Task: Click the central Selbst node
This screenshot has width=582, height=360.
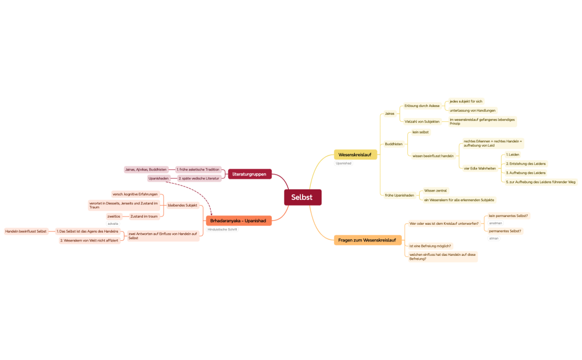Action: [302, 197]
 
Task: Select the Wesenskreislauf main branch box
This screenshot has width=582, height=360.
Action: [355, 155]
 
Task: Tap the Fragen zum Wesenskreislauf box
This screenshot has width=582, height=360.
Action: [366, 240]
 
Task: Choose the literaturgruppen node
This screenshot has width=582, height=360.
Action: [249, 174]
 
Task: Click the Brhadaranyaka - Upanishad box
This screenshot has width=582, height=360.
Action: [238, 220]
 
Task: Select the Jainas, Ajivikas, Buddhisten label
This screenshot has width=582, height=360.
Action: [146, 169]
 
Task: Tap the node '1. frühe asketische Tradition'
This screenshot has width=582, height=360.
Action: [198, 169]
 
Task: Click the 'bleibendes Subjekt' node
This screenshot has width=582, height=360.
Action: [182, 205]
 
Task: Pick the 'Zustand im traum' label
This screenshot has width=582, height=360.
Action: [144, 216]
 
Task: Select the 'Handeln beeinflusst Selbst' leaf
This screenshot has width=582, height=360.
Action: [26, 231]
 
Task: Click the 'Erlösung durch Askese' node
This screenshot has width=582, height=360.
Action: [422, 106]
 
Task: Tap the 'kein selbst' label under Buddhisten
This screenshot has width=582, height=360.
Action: [420, 132]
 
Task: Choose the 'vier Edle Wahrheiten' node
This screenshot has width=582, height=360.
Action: [479, 168]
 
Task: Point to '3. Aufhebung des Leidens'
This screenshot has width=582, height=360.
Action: [525, 173]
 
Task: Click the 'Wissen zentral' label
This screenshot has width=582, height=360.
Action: [435, 191]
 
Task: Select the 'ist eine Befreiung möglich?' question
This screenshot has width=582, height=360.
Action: [430, 245]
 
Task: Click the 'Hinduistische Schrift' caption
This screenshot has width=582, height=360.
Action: [222, 229]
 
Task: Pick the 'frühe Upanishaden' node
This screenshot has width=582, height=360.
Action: [399, 195]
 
